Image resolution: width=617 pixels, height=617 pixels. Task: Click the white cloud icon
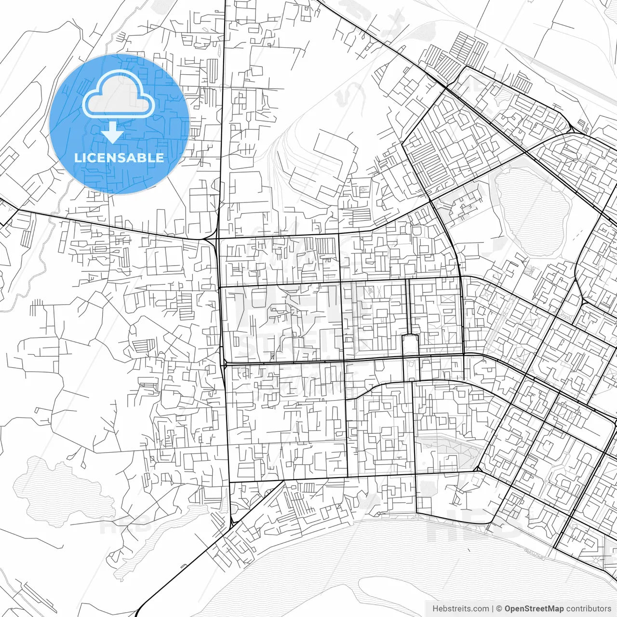pyautogui.click(x=119, y=95)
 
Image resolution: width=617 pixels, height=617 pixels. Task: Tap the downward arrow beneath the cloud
pyautogui.click(x=112, y=133)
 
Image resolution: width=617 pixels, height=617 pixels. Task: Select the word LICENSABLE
pyautogui.click(x=119, y=158)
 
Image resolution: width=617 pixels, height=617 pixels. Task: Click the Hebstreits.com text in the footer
pyautogui.click(x=460, y=609)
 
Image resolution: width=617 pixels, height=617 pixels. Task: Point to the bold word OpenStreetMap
pyautogui.click(x=534, y=609)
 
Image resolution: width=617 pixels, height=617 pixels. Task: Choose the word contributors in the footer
pyautogui.click(x=589, y=609)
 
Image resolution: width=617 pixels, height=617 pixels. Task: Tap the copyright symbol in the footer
pyautogui.click(x=499, y=609)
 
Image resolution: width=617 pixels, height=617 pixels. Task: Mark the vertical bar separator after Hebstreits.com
pyautogui.click(x=493, y=609)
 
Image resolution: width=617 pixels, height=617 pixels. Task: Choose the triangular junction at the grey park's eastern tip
pyautogui.click(x=478, y=468)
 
